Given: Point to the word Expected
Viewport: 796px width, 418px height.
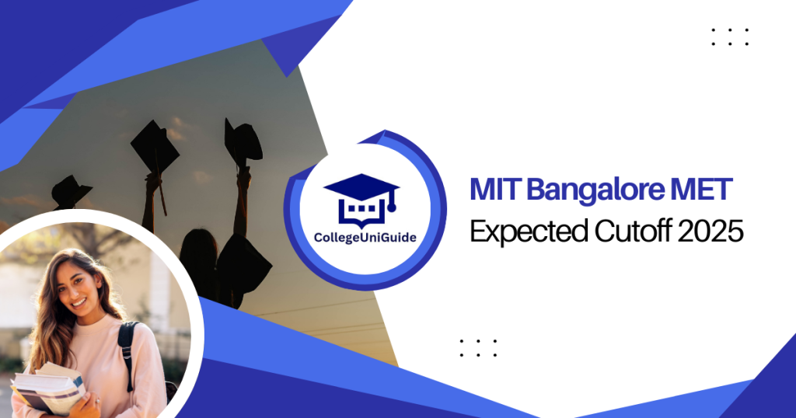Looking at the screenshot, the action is (x=529, y=232).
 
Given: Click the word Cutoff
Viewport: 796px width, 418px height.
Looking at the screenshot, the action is (x=633, y=231).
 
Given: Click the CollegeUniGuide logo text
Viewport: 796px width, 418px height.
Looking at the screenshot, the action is (x=365, y=238).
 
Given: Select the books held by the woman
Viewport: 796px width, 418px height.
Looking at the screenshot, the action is (x=48, y=388).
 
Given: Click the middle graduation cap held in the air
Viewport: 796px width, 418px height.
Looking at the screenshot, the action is (x=155, y=146).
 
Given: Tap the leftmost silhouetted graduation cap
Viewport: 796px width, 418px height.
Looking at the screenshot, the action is (x=71, y=192).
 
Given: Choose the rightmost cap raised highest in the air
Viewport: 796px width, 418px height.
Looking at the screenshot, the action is (x=243, y=142).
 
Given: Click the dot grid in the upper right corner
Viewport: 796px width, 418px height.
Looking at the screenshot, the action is (x=730, y=37).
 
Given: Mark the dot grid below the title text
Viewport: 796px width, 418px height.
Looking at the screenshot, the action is (x=478, y=348).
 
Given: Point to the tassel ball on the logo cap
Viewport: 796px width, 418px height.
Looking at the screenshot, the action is (x=392, y=207).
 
